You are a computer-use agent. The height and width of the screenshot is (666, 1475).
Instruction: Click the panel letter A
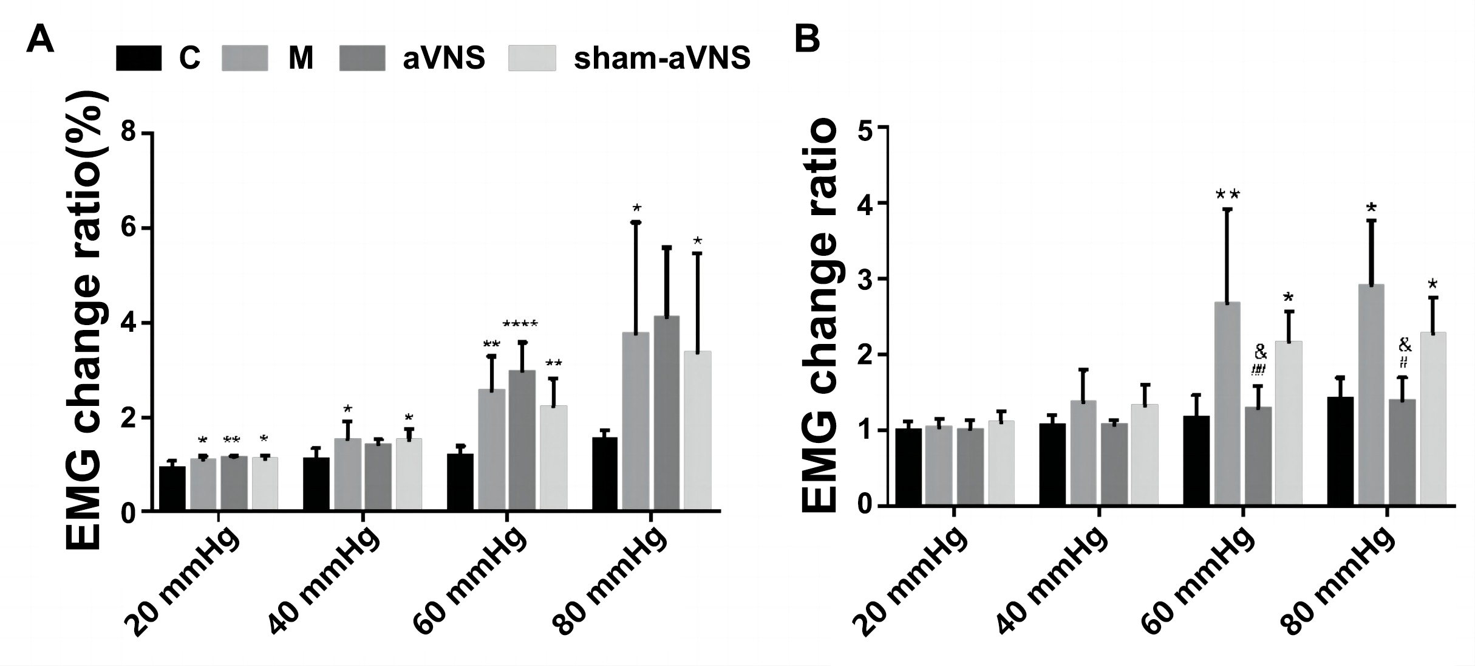point(40,41)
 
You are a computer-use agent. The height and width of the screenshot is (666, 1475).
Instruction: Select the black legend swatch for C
point(138,58)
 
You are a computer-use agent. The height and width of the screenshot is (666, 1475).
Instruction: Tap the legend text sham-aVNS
point(662,59)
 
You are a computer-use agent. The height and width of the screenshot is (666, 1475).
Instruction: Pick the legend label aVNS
point(444,59)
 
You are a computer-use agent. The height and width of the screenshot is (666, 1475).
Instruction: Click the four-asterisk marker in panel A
point(520,324)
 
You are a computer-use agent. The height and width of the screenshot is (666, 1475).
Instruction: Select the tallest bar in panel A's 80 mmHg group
point(666,413)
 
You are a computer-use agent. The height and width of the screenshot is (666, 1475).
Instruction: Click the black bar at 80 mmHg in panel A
point(604,474)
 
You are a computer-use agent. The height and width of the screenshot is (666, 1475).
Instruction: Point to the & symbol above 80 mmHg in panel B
point(1405,345)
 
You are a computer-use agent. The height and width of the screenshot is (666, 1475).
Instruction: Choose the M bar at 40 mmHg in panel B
point(1083,452)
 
